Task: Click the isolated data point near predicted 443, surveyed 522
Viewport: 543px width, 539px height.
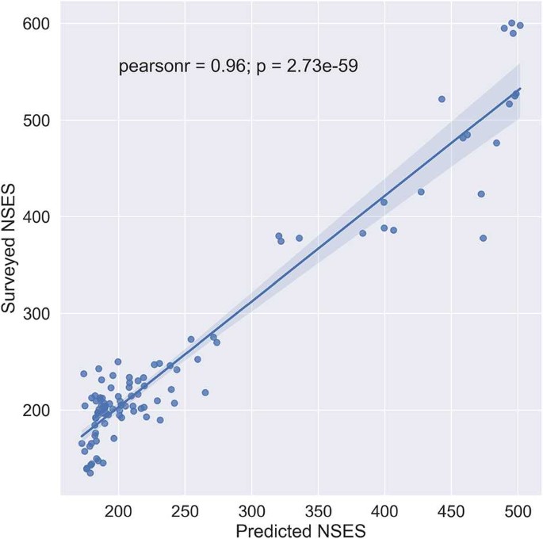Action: [442, 99]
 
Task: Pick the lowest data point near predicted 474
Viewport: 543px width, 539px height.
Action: [483, 238]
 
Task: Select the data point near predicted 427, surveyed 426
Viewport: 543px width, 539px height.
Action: [421, 192]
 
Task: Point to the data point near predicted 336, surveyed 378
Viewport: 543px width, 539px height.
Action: [299, 238]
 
